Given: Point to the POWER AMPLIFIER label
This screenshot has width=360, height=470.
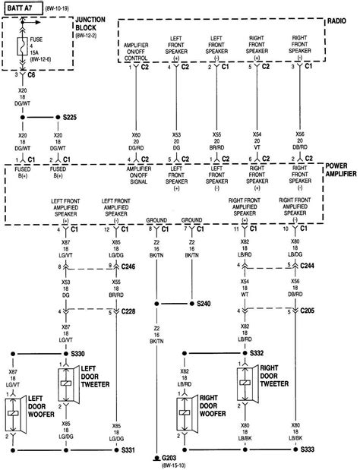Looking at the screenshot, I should coord(338,169).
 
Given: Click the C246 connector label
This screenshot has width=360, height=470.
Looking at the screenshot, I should coord(128,266).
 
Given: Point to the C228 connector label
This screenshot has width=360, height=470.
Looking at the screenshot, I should coord(128,311).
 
